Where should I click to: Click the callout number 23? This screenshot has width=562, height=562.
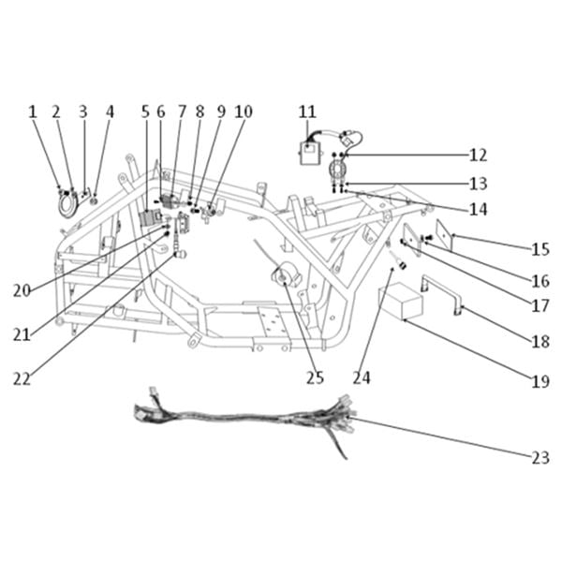click(540, 458)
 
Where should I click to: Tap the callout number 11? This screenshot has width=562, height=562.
click(307, 111)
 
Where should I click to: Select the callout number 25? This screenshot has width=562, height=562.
click(315, 377)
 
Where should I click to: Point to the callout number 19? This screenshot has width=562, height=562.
click(540, 381)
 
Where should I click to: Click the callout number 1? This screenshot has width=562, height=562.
click(33, 111)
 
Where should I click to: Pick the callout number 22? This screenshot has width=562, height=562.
click(22, 378)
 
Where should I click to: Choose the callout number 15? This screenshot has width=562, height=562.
click(540, 249)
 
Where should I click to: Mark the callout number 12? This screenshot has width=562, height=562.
click(478, 155)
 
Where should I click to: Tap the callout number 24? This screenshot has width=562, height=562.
click(362, 377)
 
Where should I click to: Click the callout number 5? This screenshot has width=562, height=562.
click(145, 111)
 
